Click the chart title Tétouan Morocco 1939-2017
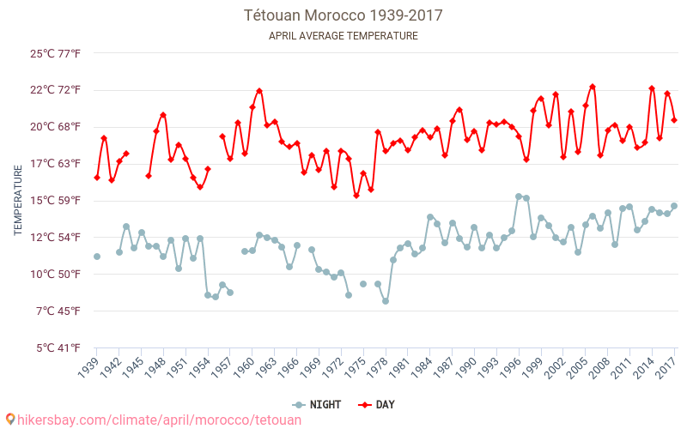343,15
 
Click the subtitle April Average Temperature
343,36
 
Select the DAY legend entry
377,405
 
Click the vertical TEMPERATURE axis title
18,201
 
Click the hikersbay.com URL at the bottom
159,420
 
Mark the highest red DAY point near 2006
593,87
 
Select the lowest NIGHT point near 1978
386,301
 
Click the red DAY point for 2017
674,120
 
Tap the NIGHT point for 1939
97,257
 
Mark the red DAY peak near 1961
259,91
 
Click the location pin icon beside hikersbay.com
10,420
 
